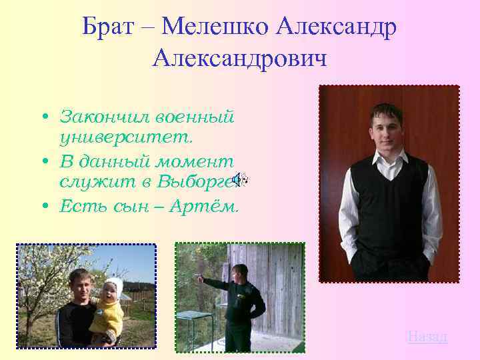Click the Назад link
point(427,336)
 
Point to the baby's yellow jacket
point(107,317)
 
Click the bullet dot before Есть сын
point(43,207)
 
